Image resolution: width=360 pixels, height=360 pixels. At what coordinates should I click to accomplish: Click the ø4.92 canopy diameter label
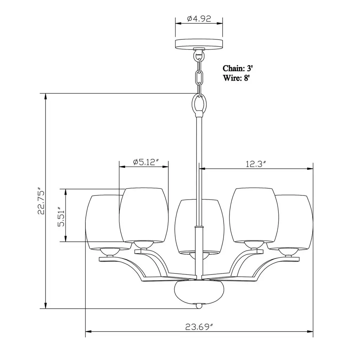click(199, 19)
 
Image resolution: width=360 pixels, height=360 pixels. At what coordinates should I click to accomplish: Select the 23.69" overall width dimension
click(199, 327)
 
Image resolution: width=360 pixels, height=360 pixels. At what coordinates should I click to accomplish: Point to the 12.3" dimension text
click(256, 164)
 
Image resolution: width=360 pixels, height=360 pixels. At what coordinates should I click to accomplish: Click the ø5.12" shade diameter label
click(146, 162)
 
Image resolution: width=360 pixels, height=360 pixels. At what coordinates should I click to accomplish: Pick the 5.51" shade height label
click(61, 217)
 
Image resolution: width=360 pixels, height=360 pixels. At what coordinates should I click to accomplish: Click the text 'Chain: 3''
click(238, 68)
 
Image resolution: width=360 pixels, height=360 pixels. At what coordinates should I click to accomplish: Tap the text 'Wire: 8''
click(236, 78)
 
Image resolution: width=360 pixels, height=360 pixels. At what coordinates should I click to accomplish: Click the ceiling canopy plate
click(199, 44)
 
